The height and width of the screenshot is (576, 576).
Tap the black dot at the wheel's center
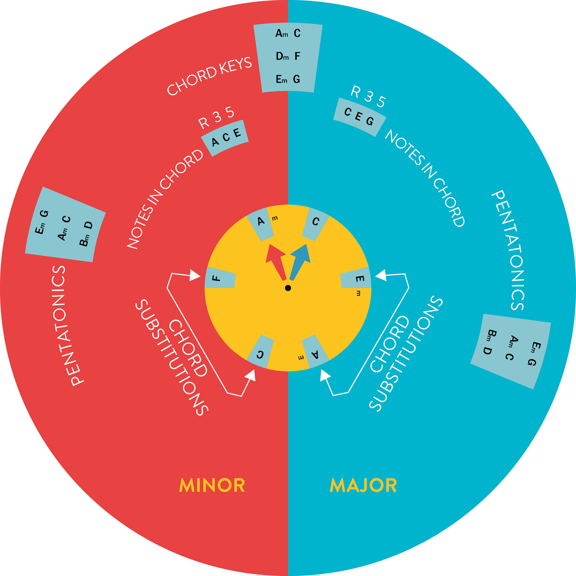288,288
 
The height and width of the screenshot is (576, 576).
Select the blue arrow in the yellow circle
300,260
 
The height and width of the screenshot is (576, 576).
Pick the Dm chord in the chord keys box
282,56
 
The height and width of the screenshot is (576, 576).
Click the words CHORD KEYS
209,76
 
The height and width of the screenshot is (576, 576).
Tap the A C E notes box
225,138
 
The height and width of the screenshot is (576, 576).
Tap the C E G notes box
359,117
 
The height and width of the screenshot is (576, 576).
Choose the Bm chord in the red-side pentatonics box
85,240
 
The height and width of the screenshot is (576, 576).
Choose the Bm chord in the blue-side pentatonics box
491,335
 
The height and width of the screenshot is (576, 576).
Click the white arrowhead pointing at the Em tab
381,275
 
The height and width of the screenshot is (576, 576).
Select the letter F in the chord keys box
297,56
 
